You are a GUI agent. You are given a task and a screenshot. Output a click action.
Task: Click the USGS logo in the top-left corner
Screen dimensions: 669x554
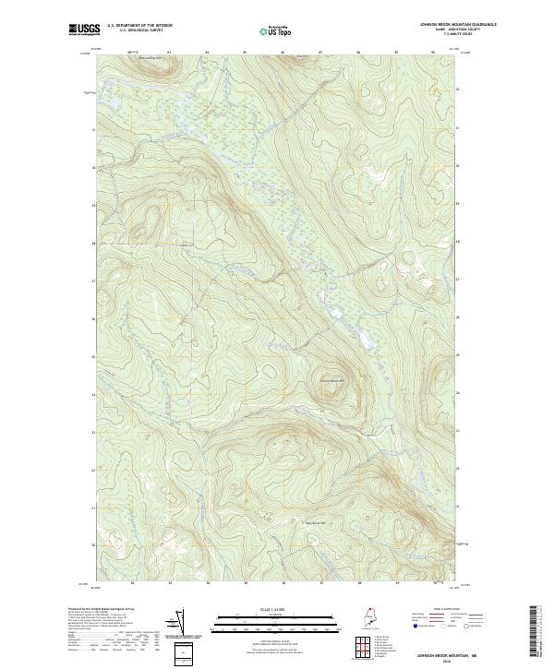pos(85,30)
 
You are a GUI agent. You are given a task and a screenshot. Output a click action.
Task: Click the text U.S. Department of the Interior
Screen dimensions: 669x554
pos(139,26)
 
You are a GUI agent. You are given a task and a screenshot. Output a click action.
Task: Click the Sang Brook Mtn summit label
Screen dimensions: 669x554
pos(318,522)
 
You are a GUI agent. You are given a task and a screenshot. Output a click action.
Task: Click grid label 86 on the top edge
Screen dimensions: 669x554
pos(283,53)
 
